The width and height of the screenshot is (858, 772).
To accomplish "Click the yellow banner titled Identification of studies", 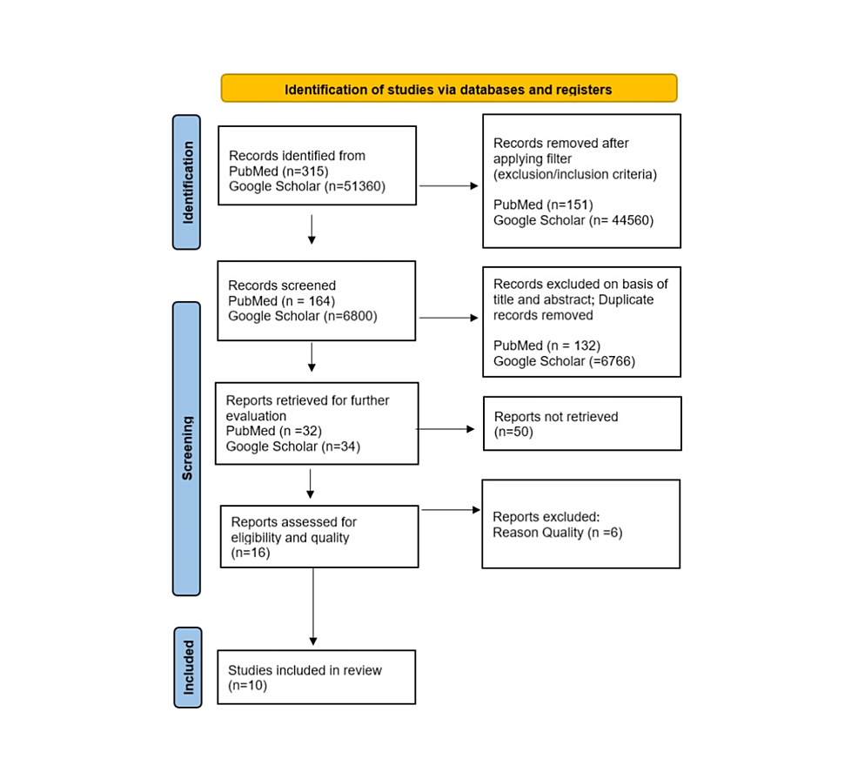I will point(448,89).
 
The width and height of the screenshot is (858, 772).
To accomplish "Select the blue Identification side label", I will point(186,182).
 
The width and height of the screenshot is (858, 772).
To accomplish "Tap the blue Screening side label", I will point(186,448).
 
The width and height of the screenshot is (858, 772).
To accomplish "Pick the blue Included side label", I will point(187,667).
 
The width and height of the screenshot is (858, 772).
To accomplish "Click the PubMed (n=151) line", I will point(543,205).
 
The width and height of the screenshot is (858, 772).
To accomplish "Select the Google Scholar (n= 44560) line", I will point(573,220).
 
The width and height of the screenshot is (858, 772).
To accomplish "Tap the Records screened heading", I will point(282,285).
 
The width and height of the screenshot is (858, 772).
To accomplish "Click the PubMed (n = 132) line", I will point(546,346).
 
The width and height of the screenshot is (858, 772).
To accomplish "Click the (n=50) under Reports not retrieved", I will point(513,432).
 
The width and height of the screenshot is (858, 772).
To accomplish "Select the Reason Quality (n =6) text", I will point(557,532).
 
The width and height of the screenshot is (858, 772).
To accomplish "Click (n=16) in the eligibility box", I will point(251,552).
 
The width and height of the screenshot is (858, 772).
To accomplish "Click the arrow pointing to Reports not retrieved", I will point(446,429).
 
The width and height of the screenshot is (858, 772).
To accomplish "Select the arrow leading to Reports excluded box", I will point(449,510).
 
